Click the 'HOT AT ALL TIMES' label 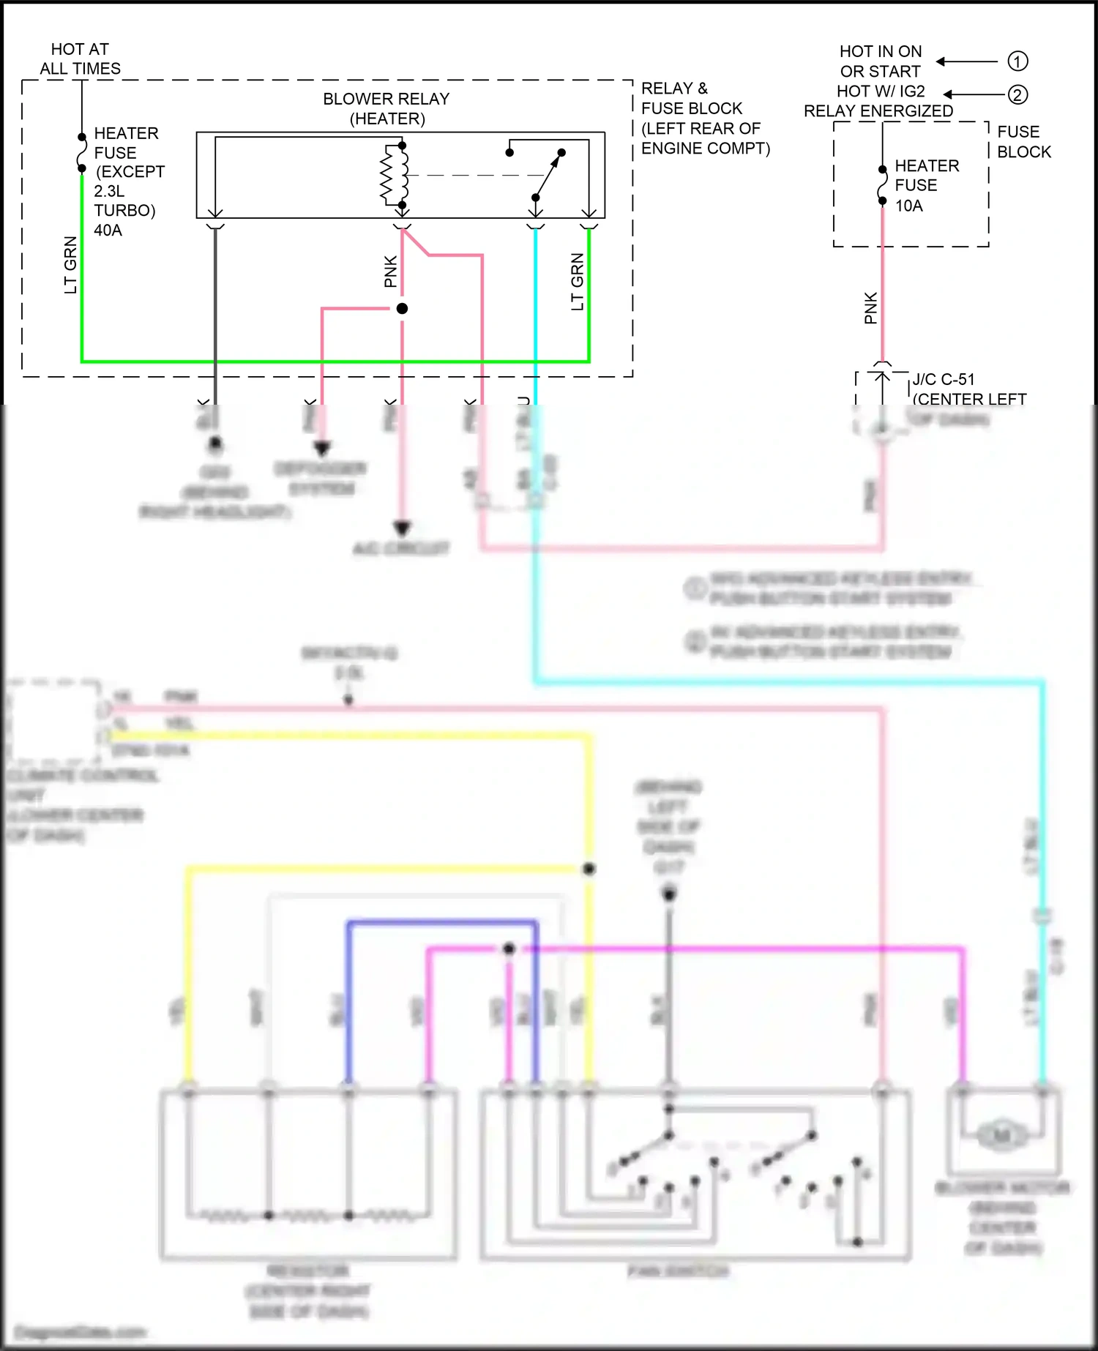80,59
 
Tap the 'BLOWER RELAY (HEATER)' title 386,108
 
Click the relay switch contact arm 548,175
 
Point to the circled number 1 1017,61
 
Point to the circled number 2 1017,94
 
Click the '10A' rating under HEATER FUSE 908,206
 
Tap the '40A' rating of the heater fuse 108,230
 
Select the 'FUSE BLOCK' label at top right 1023,142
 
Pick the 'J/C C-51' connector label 944,379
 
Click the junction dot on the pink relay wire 402,309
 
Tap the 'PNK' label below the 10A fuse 870,308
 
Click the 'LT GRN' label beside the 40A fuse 70,265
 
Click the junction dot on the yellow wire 589,869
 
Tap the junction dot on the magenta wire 509,949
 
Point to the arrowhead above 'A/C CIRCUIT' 402,528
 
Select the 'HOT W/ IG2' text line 881,91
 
